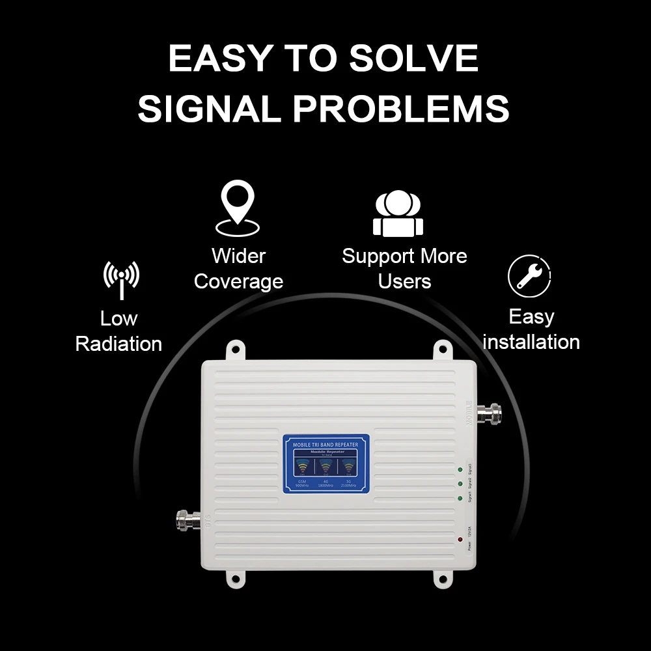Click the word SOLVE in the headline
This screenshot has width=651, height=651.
tap(413, 59)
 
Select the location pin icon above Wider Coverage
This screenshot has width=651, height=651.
tap(238, 208)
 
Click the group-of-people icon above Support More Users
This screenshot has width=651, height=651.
tap(398, 214)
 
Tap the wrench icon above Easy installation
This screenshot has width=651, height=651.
tap(529, 276)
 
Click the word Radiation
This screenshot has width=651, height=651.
tap(118, 344)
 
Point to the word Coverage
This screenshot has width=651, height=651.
tap(238, 281)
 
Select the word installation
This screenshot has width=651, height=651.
tap(531, 342)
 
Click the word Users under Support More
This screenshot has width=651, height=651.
tap(404, 281)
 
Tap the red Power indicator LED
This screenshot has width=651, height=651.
tap(460, 540)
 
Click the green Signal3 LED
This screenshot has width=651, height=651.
tap(460, 469)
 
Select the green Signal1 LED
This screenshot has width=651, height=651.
tap(460, 499)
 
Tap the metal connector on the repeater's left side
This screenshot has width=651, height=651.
tap(188, 519)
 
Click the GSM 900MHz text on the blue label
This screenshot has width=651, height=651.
tap(301, 483)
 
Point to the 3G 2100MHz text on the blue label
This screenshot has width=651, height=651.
tap(349, 483)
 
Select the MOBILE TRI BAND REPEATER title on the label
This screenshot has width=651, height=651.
tap(326, 445)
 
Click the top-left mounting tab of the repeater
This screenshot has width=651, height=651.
tap(234, 350)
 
